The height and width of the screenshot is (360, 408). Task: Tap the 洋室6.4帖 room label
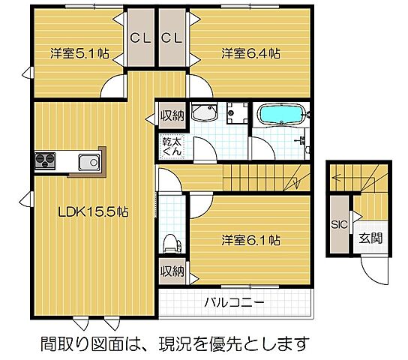(x=250, y=53)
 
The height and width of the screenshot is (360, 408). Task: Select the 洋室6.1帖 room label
(x=250, y=241)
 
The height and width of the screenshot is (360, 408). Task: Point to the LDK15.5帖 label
(x=94, y=212)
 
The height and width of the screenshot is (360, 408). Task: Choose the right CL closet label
(x=172, y=37)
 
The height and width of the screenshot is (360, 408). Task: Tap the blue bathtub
(x=281, y=115)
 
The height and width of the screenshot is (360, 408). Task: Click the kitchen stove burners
(x=43, y=161)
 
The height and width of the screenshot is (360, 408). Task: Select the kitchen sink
(x=88, y=161)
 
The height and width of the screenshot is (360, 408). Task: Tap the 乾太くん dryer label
(x=170, y=145)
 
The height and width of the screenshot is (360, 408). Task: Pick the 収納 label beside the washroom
(x=170, y=116)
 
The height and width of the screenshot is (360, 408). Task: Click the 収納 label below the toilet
(x=170, y=271)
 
